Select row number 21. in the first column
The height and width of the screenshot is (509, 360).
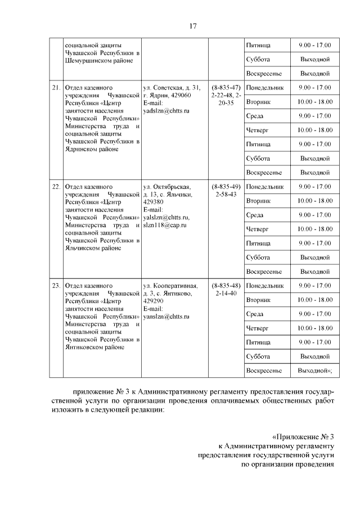point(56,88)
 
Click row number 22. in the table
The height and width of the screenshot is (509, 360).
point(56,187)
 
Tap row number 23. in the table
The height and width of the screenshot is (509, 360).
point(56,286)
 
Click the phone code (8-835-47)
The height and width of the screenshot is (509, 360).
point(226,88)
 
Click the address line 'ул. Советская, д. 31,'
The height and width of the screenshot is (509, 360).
point(172,88)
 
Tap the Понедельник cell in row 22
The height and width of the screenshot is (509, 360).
point(264,187)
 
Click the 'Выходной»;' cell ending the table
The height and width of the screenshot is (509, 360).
point(314,371)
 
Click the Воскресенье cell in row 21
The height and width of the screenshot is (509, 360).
point(264,173)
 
